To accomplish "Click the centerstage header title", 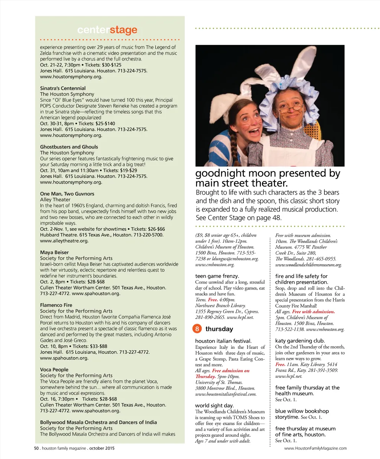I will point(107,30).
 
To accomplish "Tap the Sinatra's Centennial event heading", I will point(63,88).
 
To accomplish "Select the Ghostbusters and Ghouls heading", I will point(69,147).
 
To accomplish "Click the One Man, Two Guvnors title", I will point(67,194).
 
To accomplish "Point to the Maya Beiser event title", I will point(54,252).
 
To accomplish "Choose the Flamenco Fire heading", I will point(56,305).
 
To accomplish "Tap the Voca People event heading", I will point(54,370).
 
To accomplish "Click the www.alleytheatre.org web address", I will point(64,241).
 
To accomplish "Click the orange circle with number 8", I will point(197,329).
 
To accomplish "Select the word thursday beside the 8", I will point(219,329).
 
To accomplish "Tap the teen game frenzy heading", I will point(217,276).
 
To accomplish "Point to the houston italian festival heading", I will point(223,341).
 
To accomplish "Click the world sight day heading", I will point(214,406).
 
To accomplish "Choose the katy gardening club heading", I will point(300,341).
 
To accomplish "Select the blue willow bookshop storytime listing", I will point(302,414).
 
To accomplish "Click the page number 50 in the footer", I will point(36,448).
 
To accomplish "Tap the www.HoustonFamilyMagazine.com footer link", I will point(315,449).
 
